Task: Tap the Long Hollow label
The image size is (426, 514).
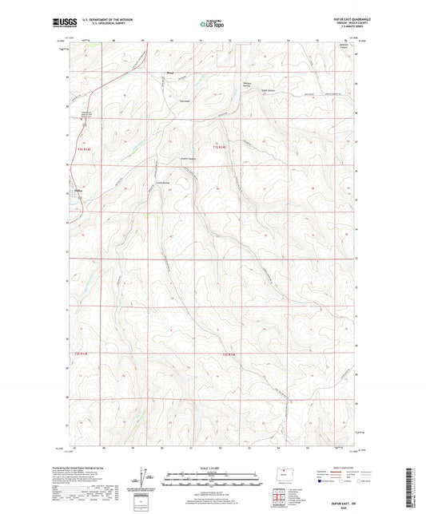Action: click(185, 182)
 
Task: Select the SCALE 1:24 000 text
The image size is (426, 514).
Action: click(212, 467)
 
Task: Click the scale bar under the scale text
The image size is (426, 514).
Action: click(212, 480)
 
